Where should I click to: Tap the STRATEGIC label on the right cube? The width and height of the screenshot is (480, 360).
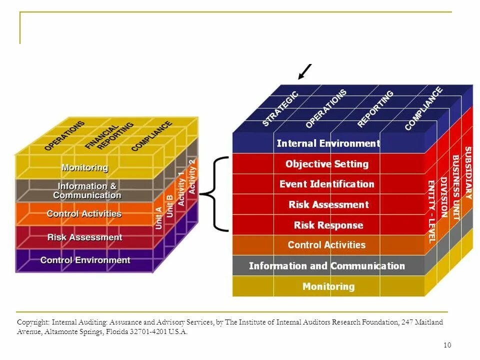(x=280, y=108)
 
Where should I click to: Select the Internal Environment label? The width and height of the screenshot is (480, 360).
(x=328, y=143)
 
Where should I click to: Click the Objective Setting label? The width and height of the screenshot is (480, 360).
(x=327, y=164)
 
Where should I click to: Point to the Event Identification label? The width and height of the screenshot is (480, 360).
(x=327, y=184)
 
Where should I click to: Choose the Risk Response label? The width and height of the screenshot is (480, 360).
(x=328, y=225)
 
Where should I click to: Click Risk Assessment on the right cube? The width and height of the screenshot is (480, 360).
(x=328, y=204)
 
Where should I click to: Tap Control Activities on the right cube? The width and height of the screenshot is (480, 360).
(x=326, y=245)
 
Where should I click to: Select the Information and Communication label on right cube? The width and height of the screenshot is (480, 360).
(x=327, y=266)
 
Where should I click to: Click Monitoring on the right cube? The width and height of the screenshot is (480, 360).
(x=328, y=286)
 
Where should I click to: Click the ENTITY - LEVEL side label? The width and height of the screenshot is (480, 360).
(x=431, y=211)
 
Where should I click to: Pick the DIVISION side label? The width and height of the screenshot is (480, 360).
(x=443, y=197)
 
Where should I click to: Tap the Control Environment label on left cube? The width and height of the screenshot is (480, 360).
(x=85, y=260)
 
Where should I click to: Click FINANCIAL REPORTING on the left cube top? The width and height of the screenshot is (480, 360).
(x=109, y=135)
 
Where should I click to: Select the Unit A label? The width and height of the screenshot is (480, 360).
(x=159, y=218)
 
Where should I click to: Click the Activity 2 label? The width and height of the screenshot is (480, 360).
(x=192, y=176)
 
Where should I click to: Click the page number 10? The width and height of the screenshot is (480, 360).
(x=447, y=345)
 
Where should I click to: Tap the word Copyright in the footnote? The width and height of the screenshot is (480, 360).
(x=33, y=322)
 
